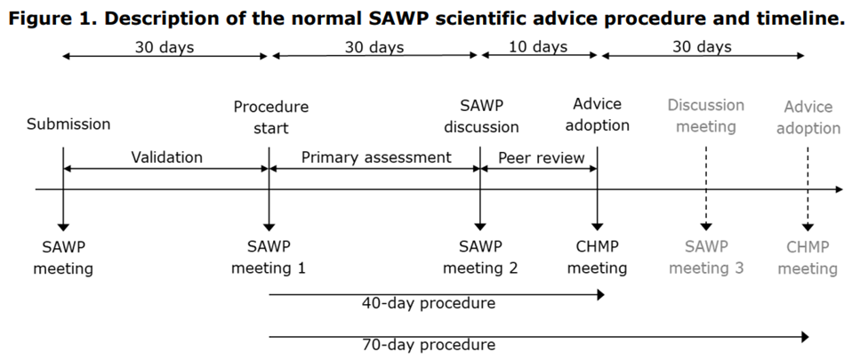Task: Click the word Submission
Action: (68, 124)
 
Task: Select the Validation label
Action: (167, 157)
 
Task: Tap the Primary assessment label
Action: (376, 157)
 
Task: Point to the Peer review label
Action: (541, 157)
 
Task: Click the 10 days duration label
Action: (538, 47)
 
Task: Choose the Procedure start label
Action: (270, 117)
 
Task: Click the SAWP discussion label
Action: (481, 116)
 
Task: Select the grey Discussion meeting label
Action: (705, 116)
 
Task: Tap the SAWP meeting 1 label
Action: (268, 256)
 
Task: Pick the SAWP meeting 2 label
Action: (480, 256)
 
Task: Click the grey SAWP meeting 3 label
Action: (706, 256)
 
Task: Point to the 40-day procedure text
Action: (429, 303)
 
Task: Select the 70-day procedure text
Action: (429, 344)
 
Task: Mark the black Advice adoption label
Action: (598, 116)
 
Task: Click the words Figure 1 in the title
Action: (52, 20)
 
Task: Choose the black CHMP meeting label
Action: (598, 256)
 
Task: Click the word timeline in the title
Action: (803, 20)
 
